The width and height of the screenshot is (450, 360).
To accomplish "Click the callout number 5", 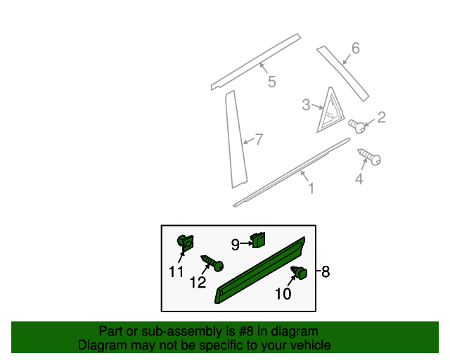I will click(271, 83).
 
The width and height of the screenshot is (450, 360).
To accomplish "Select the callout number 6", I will click(355, 48).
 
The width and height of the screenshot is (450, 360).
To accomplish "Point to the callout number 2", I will click(382, 117).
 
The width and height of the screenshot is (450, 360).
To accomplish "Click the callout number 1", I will click(310, 188).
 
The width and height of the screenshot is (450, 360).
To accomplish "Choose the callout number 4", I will click(359, 179).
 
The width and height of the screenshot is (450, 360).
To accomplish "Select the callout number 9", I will click(236, 245).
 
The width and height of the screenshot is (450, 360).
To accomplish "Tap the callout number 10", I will click(283, 294).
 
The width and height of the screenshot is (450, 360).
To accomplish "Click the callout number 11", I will click(176, 271).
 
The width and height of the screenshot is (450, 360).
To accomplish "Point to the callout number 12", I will click(198, 283).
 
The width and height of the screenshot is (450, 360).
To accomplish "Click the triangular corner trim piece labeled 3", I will click(328, 110).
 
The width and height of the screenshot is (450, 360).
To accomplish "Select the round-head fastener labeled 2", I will click(359, 127).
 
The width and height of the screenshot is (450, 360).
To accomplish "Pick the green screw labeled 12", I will click(212, 263).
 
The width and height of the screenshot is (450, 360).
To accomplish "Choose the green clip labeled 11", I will click(186, 243).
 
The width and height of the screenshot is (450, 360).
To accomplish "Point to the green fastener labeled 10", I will click(301, 273).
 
